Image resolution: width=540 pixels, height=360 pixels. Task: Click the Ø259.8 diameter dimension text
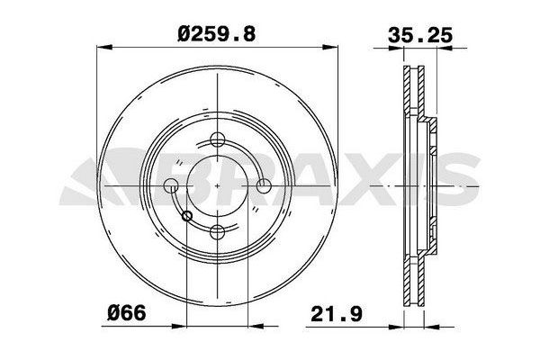pos(217,34)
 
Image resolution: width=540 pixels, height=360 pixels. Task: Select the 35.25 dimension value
pos(419,35)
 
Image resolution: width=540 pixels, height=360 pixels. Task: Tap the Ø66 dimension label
pos(127,313)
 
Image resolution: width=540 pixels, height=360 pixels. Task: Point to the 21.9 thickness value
pos(337,314)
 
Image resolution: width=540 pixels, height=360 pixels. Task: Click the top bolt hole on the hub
pos(217,139)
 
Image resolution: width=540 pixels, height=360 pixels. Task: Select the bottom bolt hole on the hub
pos(217,232)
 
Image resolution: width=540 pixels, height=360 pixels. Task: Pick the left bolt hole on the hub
pos(171,185)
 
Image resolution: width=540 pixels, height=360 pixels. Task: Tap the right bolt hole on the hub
pos(264,185)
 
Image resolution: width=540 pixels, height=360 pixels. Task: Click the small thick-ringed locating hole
pos(186,216)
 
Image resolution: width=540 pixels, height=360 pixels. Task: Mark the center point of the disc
pos(217,185)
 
